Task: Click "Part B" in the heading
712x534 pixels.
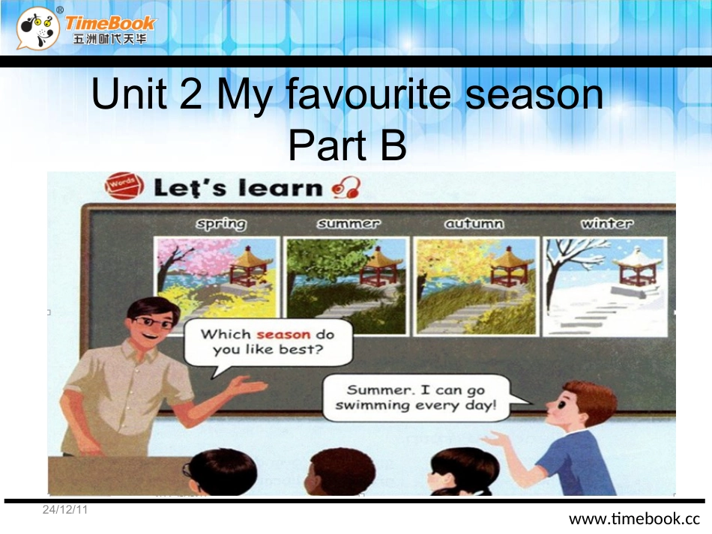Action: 347,145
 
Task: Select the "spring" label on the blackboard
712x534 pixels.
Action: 220,223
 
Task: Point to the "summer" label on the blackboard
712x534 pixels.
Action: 348,223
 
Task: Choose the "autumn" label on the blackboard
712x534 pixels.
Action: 474,223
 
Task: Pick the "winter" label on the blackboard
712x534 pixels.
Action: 606,223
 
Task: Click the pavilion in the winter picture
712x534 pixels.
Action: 636,267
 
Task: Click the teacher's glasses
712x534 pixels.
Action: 155,321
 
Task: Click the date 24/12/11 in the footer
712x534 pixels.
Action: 65,510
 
